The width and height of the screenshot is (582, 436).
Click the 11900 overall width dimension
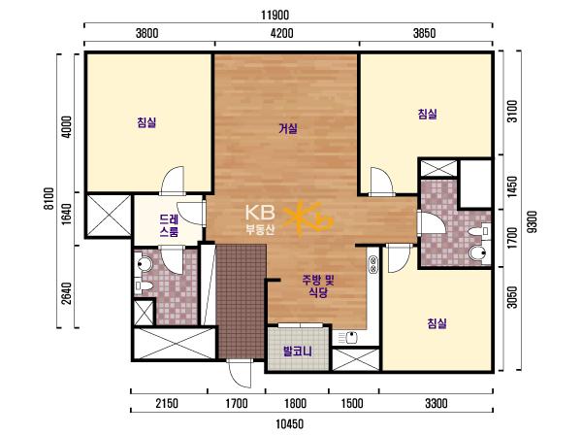(275, 16)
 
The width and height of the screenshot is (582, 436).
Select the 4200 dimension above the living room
(281, 33)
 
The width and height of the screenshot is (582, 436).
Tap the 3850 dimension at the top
(424, 33)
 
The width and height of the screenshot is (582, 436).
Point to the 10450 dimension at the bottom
(289, 423)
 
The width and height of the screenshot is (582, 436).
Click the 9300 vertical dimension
(532, 221)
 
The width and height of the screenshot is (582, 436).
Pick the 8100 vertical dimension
(48, 199)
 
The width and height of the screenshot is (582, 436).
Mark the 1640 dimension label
(66, 214)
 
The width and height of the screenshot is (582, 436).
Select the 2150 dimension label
(167, 403)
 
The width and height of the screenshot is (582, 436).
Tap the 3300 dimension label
(436, 403)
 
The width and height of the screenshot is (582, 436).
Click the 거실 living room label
(288, 128)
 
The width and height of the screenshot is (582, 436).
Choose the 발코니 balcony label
(298, 351)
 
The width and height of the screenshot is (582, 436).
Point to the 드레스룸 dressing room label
(169, 225)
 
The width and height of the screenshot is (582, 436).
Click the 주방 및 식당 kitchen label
(318, 285)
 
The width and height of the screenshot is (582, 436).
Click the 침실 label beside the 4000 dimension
(146, 122)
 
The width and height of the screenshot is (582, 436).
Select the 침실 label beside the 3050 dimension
(436, 323)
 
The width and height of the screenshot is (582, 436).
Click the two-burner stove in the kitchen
(372, 265)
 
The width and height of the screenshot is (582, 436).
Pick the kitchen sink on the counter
(351, 338)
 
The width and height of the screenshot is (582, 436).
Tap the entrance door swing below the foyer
(241, 373)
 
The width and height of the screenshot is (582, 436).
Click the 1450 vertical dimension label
(512, 186)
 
